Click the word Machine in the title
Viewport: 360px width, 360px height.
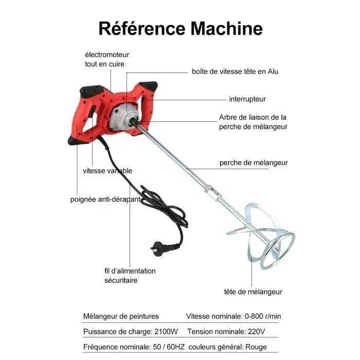(x=227, y=28)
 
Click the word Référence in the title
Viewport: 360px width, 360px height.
(x=142, y=28)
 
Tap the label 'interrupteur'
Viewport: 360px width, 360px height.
(x=247, y=99)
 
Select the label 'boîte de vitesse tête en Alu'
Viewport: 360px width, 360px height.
(x=235, y=71)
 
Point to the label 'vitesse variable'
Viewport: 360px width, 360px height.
(x=107, y=171)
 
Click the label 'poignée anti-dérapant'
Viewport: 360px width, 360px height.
(x=105, y=200)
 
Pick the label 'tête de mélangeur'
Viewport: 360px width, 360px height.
(x=253, y=292)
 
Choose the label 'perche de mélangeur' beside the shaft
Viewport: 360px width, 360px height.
(x=254, y=163)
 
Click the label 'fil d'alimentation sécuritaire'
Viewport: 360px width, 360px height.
(x=130, y=276)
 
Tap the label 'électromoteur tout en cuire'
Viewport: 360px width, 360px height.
(x=107, y=59)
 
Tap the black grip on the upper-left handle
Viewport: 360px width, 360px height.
(x=92, y=91)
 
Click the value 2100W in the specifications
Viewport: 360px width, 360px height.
(x=166, y=332)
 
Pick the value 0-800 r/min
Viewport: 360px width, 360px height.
(x=263, y=316)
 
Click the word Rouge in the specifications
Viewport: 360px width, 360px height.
(x=256, y=347)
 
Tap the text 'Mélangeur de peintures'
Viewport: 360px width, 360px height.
(x=121, y=316)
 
